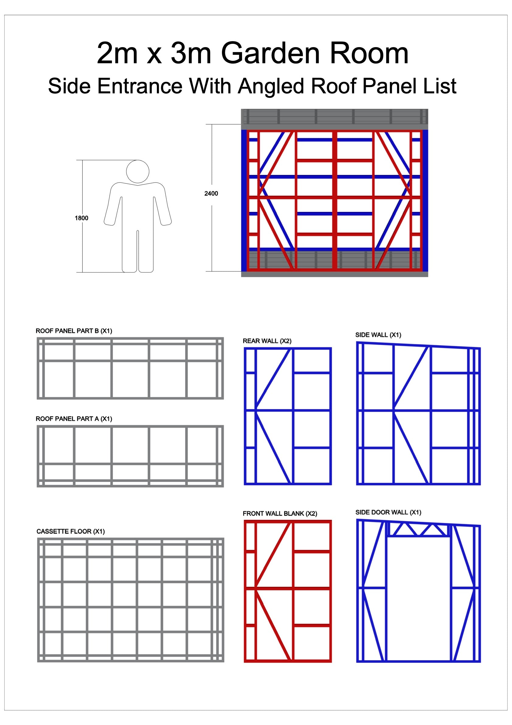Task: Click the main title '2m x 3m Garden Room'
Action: point(253,53)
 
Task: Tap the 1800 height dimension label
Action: point(81,218)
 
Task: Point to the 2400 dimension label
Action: point(211,193)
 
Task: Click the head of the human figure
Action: point(138,171)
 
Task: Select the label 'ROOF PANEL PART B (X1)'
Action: point(74,331)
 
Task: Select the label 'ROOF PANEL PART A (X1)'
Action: point(74,419)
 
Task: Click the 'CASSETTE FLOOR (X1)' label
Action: point(71,532)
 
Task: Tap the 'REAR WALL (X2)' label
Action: point(267,341)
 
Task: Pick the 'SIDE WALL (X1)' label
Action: point(378,335)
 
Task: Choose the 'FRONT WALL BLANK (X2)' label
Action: point(280,514)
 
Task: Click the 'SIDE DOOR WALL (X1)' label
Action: point(388,512)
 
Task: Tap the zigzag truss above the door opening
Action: point(417,529)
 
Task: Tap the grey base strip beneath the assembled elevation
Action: point(335,274)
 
